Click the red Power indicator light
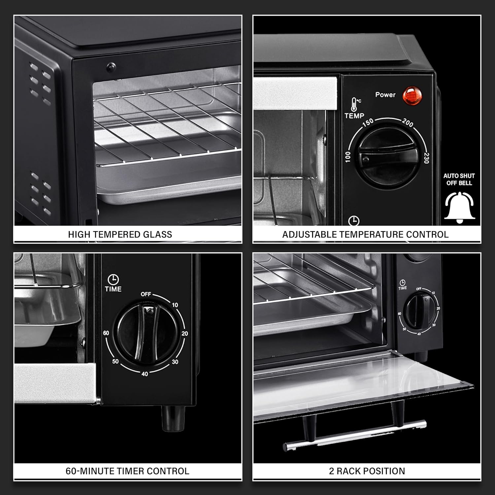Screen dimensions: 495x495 coord(412,96)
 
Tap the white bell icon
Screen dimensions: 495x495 coord(459,207)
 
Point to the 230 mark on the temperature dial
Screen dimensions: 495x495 coord(426,158)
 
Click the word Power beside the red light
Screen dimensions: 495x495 coord(385,95)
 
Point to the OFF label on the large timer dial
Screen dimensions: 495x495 coord(146,294)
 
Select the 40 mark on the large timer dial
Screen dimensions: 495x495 coord(145,374)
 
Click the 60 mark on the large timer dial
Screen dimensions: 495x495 coord(106,333)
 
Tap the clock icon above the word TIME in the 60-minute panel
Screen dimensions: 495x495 coord(113,279)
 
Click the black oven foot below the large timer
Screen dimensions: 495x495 coord(173,418)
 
